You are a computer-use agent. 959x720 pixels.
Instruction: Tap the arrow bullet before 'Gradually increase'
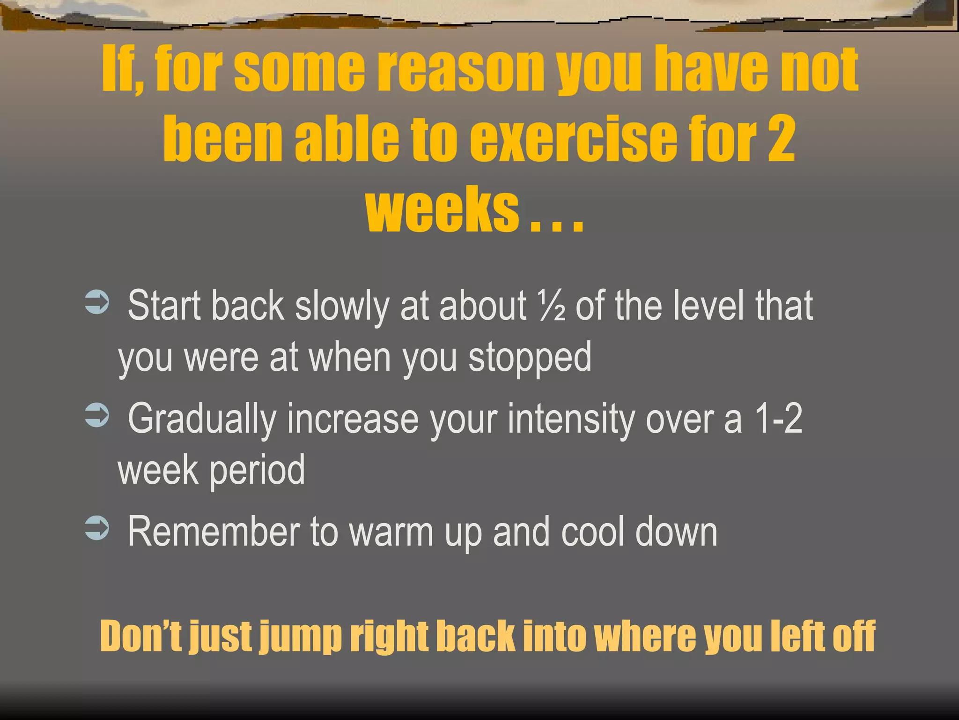(97, 415)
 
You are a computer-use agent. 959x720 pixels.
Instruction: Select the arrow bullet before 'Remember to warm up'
(97, 528)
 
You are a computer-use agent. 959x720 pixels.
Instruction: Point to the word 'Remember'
(214, 532)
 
